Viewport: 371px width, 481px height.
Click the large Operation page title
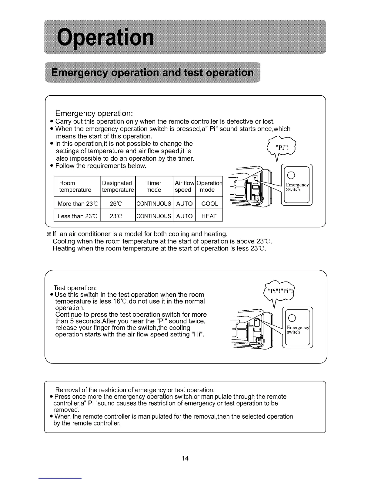106,38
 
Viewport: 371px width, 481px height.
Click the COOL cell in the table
209,203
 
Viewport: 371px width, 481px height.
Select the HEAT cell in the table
209,216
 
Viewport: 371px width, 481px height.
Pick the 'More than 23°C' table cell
77,203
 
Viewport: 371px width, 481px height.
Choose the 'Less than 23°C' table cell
77,216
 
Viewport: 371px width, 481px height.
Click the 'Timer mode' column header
154,186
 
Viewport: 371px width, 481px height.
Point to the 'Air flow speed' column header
184,186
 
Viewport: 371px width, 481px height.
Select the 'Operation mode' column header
209,186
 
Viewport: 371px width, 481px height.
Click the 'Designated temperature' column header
118,186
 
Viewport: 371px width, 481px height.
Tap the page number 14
185,458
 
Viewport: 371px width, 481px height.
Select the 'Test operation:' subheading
75,288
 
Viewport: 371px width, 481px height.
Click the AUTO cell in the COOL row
184,203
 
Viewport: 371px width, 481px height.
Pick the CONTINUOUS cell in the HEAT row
154,216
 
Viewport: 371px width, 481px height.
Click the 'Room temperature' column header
75,186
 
